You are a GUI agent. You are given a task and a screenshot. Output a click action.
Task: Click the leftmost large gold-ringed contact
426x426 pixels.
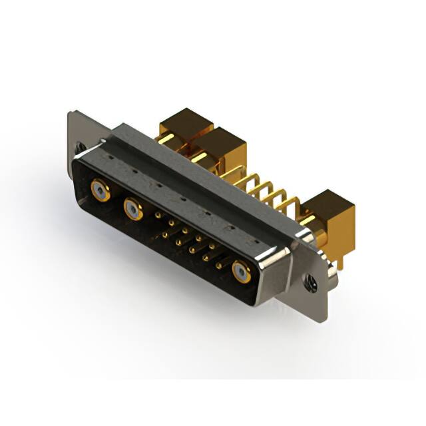(x=101, y=191)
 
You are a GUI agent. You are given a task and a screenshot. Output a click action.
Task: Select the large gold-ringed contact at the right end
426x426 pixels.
(x=242, y=272)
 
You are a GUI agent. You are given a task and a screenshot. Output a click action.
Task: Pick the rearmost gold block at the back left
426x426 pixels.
(x=185, y=126)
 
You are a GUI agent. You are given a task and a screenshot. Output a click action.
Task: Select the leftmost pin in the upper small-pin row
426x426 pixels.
(x=157, y=216)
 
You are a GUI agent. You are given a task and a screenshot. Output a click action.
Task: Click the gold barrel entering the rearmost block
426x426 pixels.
(x=169, y=140)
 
